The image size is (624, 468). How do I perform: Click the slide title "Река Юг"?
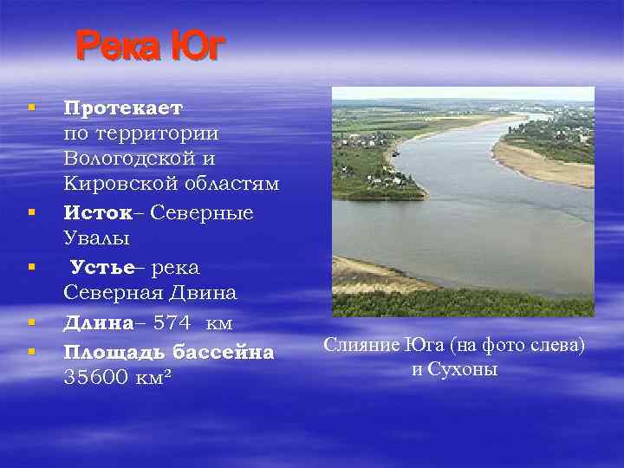point(150,47)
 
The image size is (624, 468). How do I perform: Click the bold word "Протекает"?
point(123,108)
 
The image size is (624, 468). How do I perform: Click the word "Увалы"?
point(95,237)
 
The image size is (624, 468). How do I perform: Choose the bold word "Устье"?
point(102,266)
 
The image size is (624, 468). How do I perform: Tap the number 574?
point(172,322)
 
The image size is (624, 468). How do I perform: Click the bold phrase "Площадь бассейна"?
point(168,352)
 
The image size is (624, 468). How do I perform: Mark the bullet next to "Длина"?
point(31,322)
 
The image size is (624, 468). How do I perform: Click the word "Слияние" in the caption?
point(361,345)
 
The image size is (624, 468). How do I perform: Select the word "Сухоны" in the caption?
point(466,369)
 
